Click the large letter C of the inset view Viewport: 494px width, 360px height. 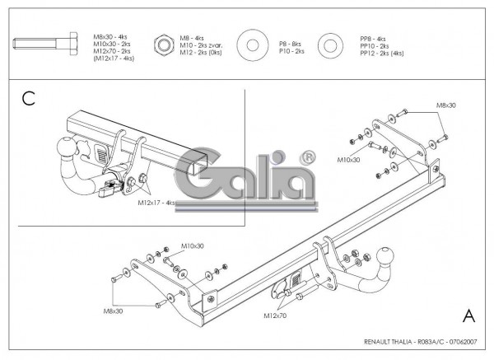coord(28,98)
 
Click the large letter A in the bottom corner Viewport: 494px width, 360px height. coord(468,316)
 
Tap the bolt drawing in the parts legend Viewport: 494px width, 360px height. coord(45,44)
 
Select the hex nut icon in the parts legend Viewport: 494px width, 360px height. coord(164,44)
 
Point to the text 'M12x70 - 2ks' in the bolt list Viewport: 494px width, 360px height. coord(112,51)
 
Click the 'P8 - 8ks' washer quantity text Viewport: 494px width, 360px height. coord(290,44)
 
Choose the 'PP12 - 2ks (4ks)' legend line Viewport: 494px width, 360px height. coord(382,54)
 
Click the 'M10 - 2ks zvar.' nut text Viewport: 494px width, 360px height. coord(201,45)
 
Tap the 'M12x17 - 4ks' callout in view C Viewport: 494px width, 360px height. coord(156,203)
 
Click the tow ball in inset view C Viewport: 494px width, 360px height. coord(67,147)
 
